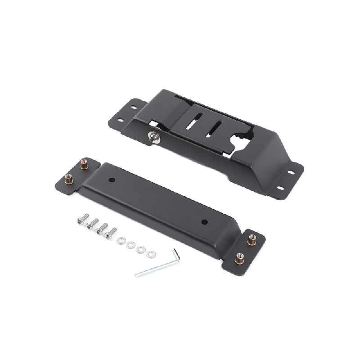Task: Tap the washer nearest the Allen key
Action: [150, 254]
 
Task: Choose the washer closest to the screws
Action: [121, 241]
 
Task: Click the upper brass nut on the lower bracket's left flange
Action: [84, 164]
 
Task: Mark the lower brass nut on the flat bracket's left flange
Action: [69, 178]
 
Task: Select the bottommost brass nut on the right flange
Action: [239, 258]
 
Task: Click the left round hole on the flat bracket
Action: [112, 180]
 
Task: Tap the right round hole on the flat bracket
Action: [203, 221]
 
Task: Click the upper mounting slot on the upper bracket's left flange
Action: [133, 108]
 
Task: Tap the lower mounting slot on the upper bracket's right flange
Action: [279, 188]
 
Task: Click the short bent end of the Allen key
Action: [176, 255]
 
